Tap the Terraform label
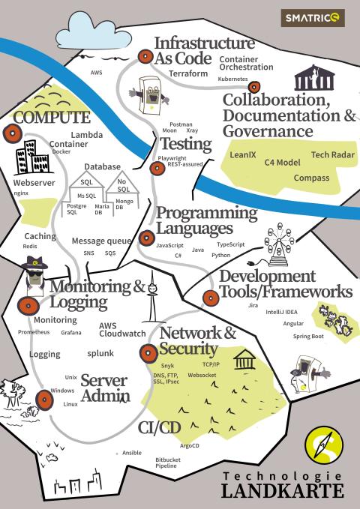point(188,73)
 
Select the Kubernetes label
point(232,79)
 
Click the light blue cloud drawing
point(94,31)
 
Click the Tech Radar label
point(333,155)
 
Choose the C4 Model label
point(282,163)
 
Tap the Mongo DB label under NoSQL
point(124,204)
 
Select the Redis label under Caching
point(30,247)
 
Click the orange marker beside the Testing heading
point(157,169)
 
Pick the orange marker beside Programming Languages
point(146,238)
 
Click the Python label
point(221,255)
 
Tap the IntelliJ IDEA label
point(281,312)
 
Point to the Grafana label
point(71,332)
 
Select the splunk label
point(100,353)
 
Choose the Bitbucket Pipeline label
point(168,463)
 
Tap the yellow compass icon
point(324,445)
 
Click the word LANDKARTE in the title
point(282,490)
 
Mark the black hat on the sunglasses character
point(34,262)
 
